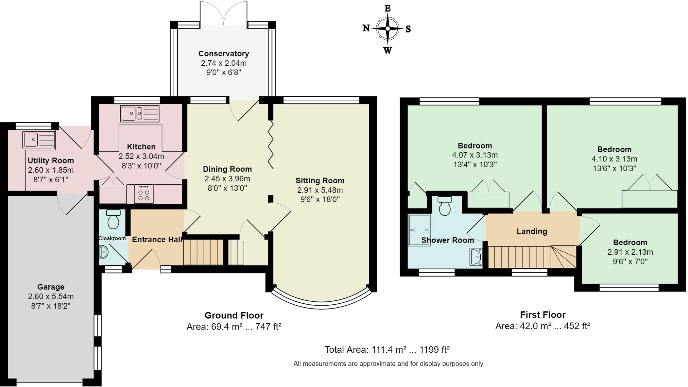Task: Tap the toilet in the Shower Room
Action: click(x=445, y=205)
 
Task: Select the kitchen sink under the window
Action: click(x=140, y=113)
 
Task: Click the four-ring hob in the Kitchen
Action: click(x=144, y=194)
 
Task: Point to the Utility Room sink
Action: click(x=39, y=140)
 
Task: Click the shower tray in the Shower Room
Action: click(x=419, y=230)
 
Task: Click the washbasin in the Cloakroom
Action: click(x=103, y=252)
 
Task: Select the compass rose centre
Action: click(x=388, y=29)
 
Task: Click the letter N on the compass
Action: click(x=366, y=28)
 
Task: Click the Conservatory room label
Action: click(x=224, y=54)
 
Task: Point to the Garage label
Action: click(x=51, y=287)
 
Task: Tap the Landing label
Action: click(x=532, y=231)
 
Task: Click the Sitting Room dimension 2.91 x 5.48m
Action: click(x=320, y=190)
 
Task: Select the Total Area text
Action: click(x=387, y=350)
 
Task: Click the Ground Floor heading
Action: click(x=234, y=316)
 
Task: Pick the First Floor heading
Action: click(x=543, y=315)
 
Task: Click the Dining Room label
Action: click(x=227, y=169)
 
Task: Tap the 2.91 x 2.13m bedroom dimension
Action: click(x=630, y=252)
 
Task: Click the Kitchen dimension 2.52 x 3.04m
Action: click(x=141, y=156)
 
